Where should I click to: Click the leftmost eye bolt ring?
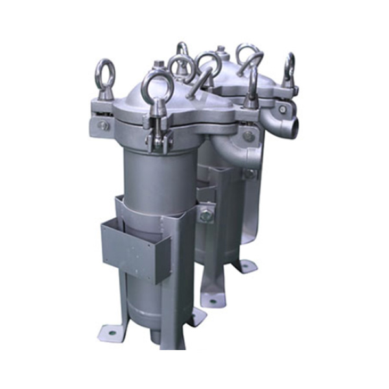point(104,72)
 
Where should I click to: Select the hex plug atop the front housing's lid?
point(158,64)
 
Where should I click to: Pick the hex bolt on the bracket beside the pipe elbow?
point(248,136)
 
